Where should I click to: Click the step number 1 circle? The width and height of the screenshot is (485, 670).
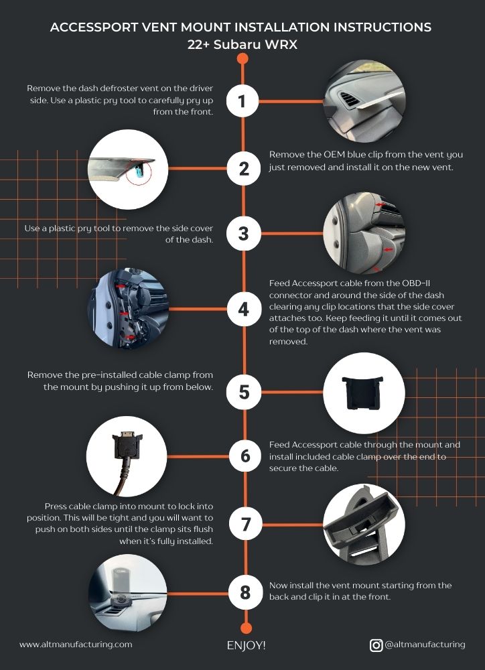(x=242, y=102)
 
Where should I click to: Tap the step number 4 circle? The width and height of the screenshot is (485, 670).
(x=244, y=309)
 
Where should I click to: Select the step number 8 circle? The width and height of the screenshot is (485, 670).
(x=245, y=592)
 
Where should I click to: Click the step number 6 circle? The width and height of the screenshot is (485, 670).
(x=245, y=456)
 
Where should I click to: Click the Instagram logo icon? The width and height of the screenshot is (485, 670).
(x=376, y=645)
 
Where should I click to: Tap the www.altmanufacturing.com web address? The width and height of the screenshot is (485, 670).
(x=76, y=645)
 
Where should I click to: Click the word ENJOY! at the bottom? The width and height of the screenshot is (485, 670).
(x=246, y=645)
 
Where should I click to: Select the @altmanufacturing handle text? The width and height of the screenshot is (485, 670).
(x=425, y=645)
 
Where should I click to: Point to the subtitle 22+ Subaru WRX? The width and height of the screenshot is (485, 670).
(x=242, y=44)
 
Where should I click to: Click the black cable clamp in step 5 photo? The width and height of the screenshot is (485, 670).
(x=362, y=392)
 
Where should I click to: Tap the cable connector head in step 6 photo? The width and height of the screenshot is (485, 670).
(x=127, y=444)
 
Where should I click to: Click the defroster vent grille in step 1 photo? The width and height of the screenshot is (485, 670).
(x=350, y=99)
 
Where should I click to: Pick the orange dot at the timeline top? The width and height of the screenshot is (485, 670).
(x=242, y=58)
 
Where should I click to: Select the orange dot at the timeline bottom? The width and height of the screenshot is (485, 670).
(x=246, y=628)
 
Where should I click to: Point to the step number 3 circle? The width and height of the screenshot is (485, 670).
(x=243, y=233)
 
